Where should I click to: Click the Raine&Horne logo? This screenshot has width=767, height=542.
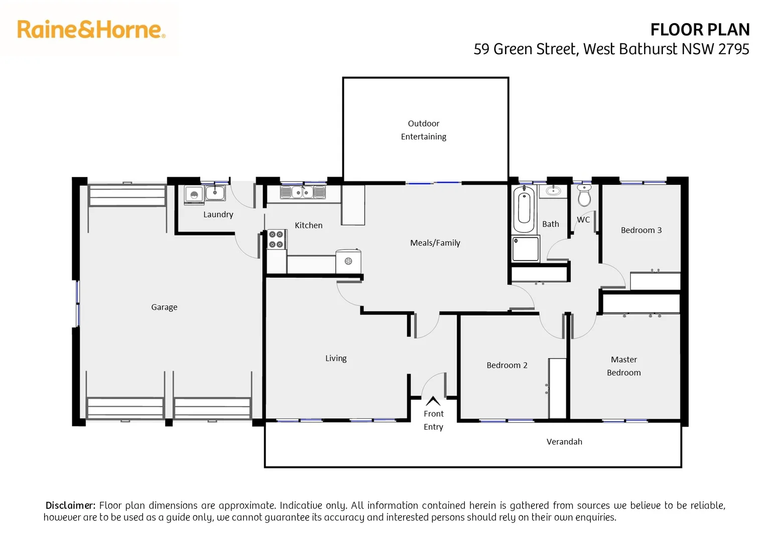point(91,30)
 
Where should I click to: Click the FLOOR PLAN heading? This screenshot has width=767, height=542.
point(699,30)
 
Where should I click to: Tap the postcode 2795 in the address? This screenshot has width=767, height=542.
point(733,49)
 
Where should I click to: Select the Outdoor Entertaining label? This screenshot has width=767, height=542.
point(423,130)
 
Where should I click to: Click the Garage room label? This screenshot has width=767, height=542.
point(164,307)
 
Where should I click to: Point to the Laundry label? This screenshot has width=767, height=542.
point(218,214)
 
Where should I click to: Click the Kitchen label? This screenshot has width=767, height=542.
point(308,225)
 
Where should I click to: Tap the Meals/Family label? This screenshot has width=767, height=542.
point(435,243)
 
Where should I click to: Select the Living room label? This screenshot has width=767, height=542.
point(336,358)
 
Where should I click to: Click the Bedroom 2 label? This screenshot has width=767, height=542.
point(506,365)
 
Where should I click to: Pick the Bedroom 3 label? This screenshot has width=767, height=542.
point(641,230)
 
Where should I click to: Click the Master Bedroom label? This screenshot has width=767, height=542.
point(623,366)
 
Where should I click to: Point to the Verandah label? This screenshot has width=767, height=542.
point(564,442)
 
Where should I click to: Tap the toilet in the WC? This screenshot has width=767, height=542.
point(584,195)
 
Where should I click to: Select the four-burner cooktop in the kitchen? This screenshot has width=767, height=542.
point(276,239)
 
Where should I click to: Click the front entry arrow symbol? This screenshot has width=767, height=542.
point(433,401)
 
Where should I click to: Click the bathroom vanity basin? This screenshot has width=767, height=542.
point(553,191)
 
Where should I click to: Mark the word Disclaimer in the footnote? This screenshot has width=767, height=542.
point(70,505)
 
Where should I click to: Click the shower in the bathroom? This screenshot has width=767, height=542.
point(525,249)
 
